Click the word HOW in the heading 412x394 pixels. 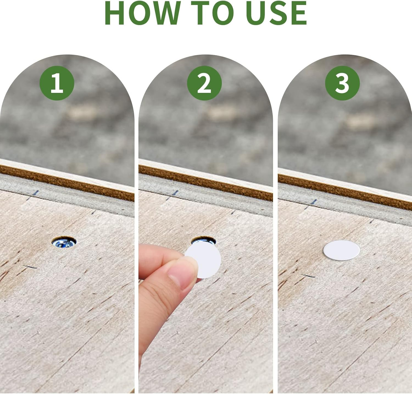[143, 13]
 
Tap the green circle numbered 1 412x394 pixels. [57, 83]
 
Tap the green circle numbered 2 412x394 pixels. [204, 83]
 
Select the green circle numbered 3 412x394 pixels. [342, 83]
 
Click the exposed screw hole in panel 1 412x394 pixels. [64, 242]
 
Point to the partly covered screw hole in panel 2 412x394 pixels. [204, 240]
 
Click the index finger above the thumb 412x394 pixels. [159, 254]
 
